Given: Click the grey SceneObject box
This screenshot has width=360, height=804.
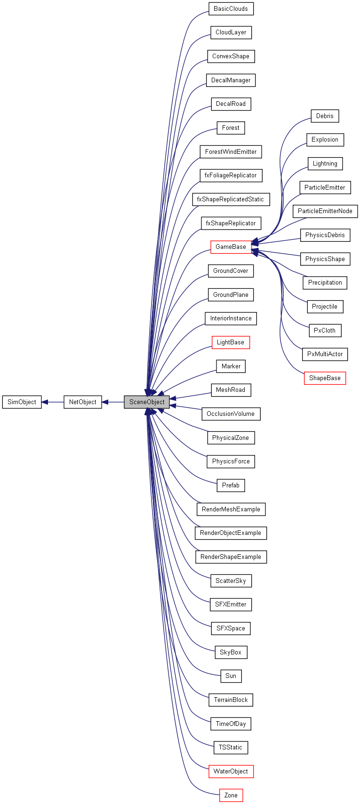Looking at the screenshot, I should coord(147,402).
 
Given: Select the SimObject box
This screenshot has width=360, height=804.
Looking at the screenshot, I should coord(22,402).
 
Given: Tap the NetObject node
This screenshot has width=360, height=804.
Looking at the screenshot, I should coord(83,402).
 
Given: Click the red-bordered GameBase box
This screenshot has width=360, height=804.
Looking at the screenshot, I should coord(231,247).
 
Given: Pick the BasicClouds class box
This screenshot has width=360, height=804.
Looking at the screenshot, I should coord(231,9).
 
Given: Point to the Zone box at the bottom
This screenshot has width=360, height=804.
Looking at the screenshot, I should coord(231,795).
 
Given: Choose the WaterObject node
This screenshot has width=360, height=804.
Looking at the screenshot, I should coord(231,771).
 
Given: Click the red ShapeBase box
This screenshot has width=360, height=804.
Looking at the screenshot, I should coord(325,378).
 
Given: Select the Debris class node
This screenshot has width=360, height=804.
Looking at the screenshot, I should coord(325,116).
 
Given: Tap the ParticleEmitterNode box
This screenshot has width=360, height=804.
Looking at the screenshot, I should coord(325,211).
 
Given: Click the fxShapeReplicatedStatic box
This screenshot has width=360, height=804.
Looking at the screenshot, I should coord(231,199).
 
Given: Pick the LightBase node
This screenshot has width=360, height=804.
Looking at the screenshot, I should coord(231,342).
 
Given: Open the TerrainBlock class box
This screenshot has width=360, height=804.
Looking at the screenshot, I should coord(231,700).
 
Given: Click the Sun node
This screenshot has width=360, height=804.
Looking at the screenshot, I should coord(231,676).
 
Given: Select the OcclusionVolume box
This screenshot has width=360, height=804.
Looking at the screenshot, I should coord(231,414).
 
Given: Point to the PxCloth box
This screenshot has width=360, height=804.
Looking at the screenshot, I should coord(325,331).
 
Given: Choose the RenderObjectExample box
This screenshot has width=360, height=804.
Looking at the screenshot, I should coord(231,533).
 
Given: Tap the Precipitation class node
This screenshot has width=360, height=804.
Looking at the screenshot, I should coord(325,283).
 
